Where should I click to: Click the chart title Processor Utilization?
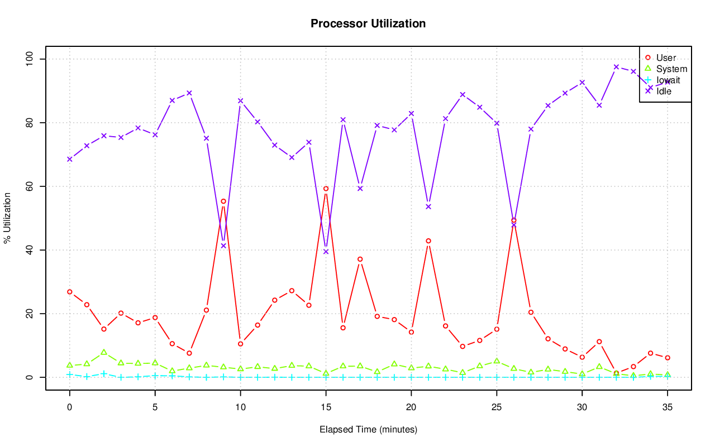[368, 23]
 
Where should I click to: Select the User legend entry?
[666, 57]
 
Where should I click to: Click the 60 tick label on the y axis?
[30, 186]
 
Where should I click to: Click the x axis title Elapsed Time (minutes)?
[368, 430]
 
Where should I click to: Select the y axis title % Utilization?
[7, 218]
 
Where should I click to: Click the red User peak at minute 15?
[326, 189]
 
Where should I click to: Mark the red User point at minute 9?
[223, 201]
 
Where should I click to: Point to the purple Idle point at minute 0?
[70, 159]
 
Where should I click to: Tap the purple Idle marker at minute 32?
[616, 67]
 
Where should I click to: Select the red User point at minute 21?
[428, 241]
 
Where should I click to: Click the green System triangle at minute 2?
[104, 352]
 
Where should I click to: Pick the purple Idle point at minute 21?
[428, 206]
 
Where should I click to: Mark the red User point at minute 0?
[70, 292]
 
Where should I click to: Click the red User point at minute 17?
[360, 259]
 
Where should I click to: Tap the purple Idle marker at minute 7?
[189, 93]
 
